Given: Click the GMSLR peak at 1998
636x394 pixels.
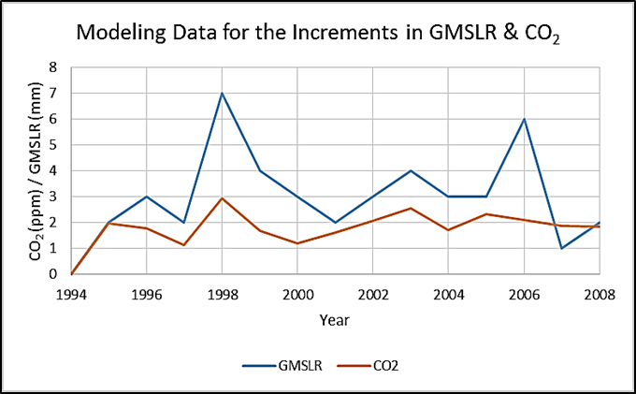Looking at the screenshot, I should (222, 94).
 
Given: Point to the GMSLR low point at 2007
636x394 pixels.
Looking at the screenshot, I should (562, 248).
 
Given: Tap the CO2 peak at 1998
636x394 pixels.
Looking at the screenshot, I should (222, 198).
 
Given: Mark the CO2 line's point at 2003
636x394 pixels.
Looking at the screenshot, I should (411, 209).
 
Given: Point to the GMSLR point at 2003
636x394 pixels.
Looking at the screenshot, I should (411, 170).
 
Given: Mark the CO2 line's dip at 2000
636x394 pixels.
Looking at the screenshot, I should (297, 243).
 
